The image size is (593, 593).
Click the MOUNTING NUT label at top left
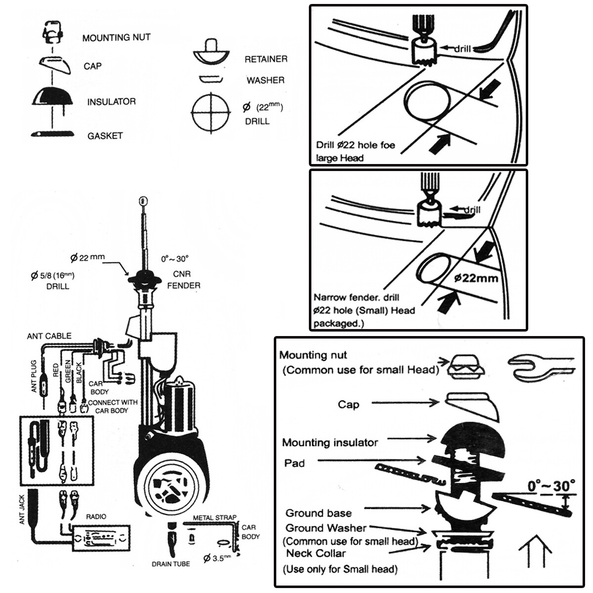point(116,38)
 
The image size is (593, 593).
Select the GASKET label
point(105,136)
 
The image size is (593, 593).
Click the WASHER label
point(265,80)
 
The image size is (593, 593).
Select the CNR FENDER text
point(183,280)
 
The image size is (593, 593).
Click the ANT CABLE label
point(49,336)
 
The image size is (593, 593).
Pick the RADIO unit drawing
point(102,538)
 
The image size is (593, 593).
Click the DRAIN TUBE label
point(170,564)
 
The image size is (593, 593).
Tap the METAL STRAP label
point(214,518)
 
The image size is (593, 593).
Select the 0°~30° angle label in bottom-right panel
point(551,486)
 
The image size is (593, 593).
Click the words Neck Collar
point(316,553)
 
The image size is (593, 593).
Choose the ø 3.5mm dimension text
point(217,558)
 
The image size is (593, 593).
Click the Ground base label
point(318,513)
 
